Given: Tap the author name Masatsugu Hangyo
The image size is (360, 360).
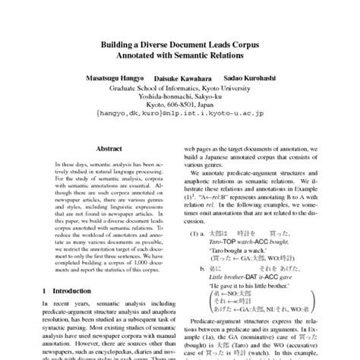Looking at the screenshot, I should tap(112, 78).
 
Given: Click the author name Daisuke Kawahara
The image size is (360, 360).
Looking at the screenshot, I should tap(181, 79).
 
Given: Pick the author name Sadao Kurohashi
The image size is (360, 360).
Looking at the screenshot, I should tap(250, 78).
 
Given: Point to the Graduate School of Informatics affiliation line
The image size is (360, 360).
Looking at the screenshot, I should tap(180, 88).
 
